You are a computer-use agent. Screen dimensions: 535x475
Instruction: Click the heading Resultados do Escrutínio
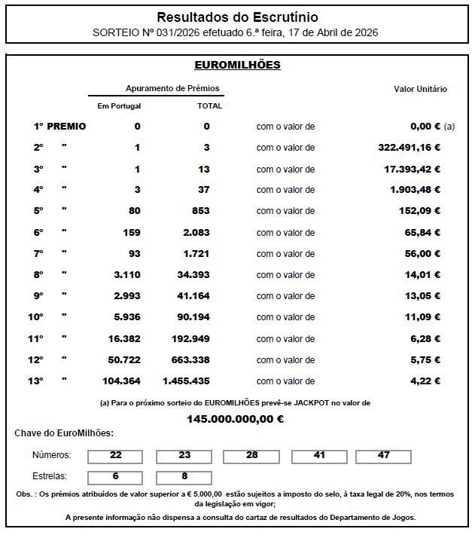[x=237, y=17]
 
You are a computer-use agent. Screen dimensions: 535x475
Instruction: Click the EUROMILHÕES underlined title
[x=237, y=65]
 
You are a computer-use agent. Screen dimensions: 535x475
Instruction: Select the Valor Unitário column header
[x=420, y=89]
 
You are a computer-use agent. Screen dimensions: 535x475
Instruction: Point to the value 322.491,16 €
[x=409, y=148]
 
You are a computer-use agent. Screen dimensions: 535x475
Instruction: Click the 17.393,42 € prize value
[x=412, y=169]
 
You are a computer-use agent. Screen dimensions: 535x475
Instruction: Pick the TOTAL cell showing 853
[x=201, y=211]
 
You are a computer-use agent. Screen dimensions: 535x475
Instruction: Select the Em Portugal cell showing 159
[x=131, y=232]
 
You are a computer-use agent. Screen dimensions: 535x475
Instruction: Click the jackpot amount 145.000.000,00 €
[x=235, y=418]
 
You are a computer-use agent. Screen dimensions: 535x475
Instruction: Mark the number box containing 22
[x=115, y=456]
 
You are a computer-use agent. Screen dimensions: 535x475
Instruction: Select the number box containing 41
[x=319, y=456]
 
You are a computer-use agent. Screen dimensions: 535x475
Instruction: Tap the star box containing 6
[x=115, y=477]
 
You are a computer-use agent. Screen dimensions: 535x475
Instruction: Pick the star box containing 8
[x=184, y=477]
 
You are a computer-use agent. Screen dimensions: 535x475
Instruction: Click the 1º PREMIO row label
[x=59, y=127]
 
